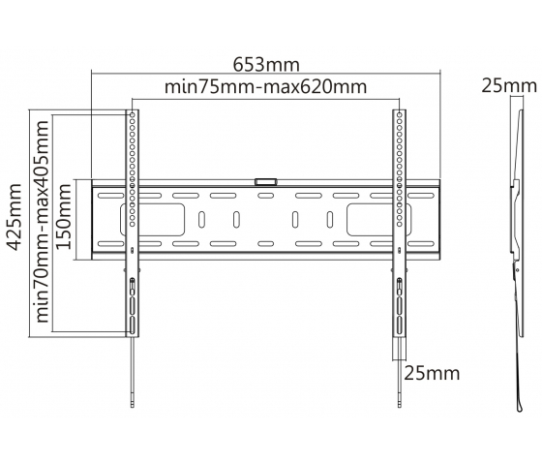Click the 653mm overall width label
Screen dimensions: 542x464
(266, 64)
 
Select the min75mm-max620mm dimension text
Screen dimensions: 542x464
(265, 87)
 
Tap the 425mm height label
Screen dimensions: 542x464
(15, 216)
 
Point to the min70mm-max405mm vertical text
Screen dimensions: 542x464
(43, 222)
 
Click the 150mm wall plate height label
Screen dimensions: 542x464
(64, 216)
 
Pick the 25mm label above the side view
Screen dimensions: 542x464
(509, 86)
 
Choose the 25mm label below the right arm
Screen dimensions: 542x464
(432, 373)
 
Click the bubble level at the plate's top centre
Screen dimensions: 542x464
(265, 182)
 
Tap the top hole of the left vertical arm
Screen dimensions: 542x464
(132, 114)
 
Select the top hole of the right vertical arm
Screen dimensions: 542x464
(400, 114)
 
